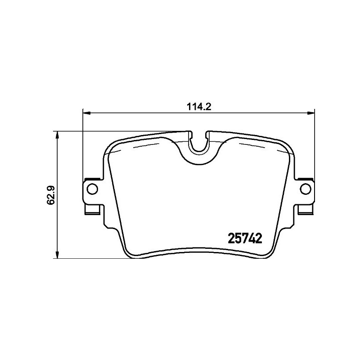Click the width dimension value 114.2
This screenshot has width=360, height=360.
pos(198,107)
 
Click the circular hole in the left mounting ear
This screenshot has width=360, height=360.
pos(91,189)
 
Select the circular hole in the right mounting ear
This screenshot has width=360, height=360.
pos(305,189)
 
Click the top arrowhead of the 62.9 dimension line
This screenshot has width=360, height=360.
pos(56,135)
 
